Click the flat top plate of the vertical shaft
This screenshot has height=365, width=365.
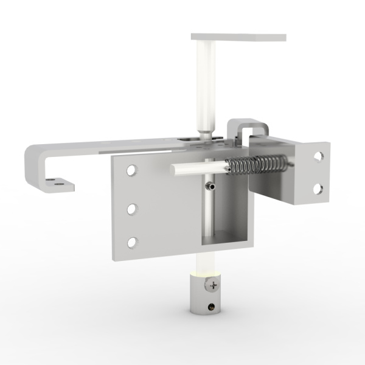click(x=238, y=37)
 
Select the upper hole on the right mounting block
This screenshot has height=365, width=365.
click(x=318, y=156)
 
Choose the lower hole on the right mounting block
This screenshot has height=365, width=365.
click(x=317, y=189)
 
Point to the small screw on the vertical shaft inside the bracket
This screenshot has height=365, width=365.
click(x=210, y=186)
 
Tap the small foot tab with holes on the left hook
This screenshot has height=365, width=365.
click(x=58, y=181)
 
